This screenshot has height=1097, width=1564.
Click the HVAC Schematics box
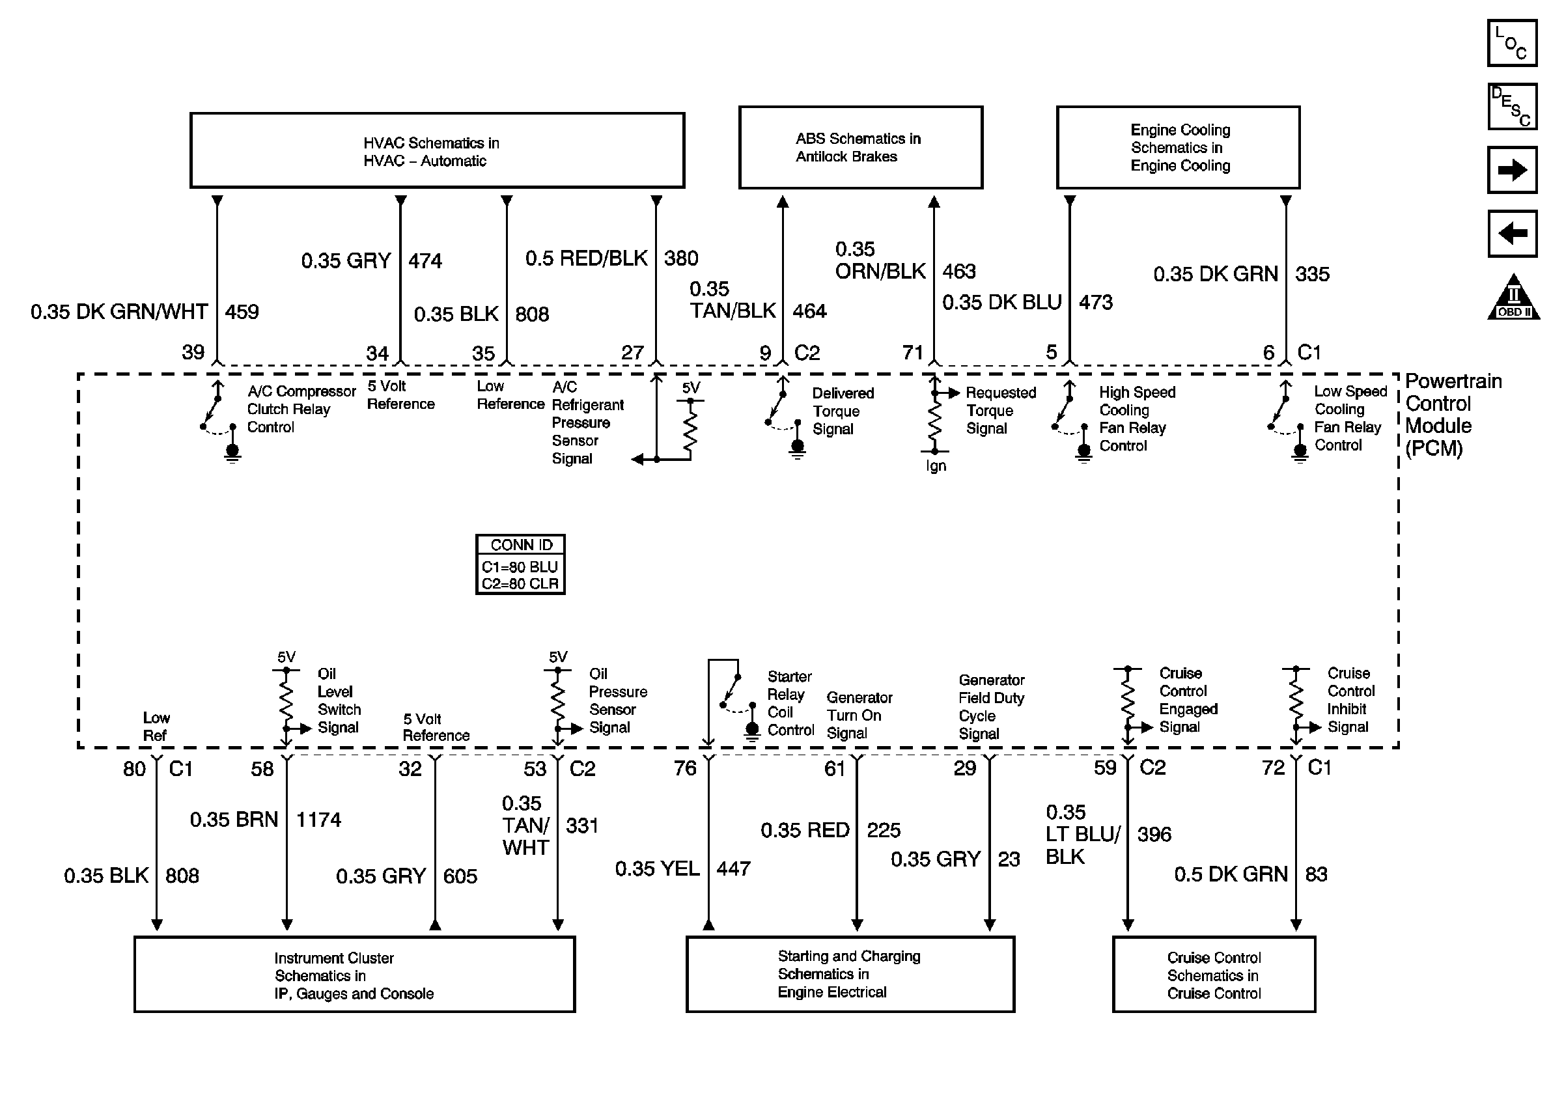437,150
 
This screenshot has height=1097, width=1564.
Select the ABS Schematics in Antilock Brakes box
860,147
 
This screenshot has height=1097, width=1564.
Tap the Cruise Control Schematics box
1213,975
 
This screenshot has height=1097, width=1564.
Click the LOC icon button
1511,43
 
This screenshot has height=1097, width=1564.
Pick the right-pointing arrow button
1511,169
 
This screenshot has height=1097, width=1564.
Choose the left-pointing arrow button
1511,234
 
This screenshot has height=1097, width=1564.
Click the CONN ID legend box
520,564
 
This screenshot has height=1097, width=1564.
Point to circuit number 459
242,312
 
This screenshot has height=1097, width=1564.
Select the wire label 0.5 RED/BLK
586,258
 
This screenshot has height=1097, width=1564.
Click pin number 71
912,352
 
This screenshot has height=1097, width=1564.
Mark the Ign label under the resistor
935,465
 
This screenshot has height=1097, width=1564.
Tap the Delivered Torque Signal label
843,411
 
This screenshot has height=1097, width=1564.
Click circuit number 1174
318,819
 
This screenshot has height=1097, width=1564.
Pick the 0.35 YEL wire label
657,868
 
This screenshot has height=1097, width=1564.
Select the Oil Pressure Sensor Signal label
617,700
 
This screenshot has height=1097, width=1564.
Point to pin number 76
684,768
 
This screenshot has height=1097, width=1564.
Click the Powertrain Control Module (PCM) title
1452,414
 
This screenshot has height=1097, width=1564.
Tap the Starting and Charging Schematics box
850,974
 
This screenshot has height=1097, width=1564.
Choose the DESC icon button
1511,106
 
